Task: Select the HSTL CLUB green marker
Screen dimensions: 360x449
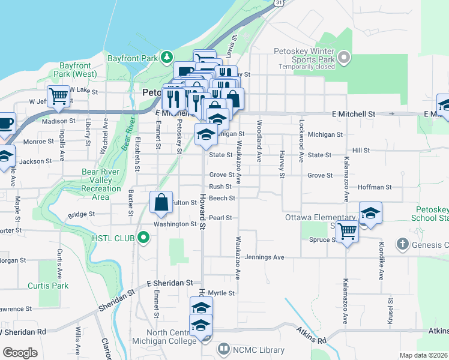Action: (143, 238)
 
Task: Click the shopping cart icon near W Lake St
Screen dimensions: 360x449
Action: (59, 95)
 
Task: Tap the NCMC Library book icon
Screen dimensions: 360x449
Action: (223, 349)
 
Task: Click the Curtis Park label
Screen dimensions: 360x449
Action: (51, 286)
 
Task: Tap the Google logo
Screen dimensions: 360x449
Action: (20, 353)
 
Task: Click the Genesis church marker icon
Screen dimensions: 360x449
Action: (403, 244)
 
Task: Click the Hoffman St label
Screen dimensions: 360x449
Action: (374, 187)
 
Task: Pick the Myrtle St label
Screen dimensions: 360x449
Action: (221, 293)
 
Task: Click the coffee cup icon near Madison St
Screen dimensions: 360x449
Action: (6, 123)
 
